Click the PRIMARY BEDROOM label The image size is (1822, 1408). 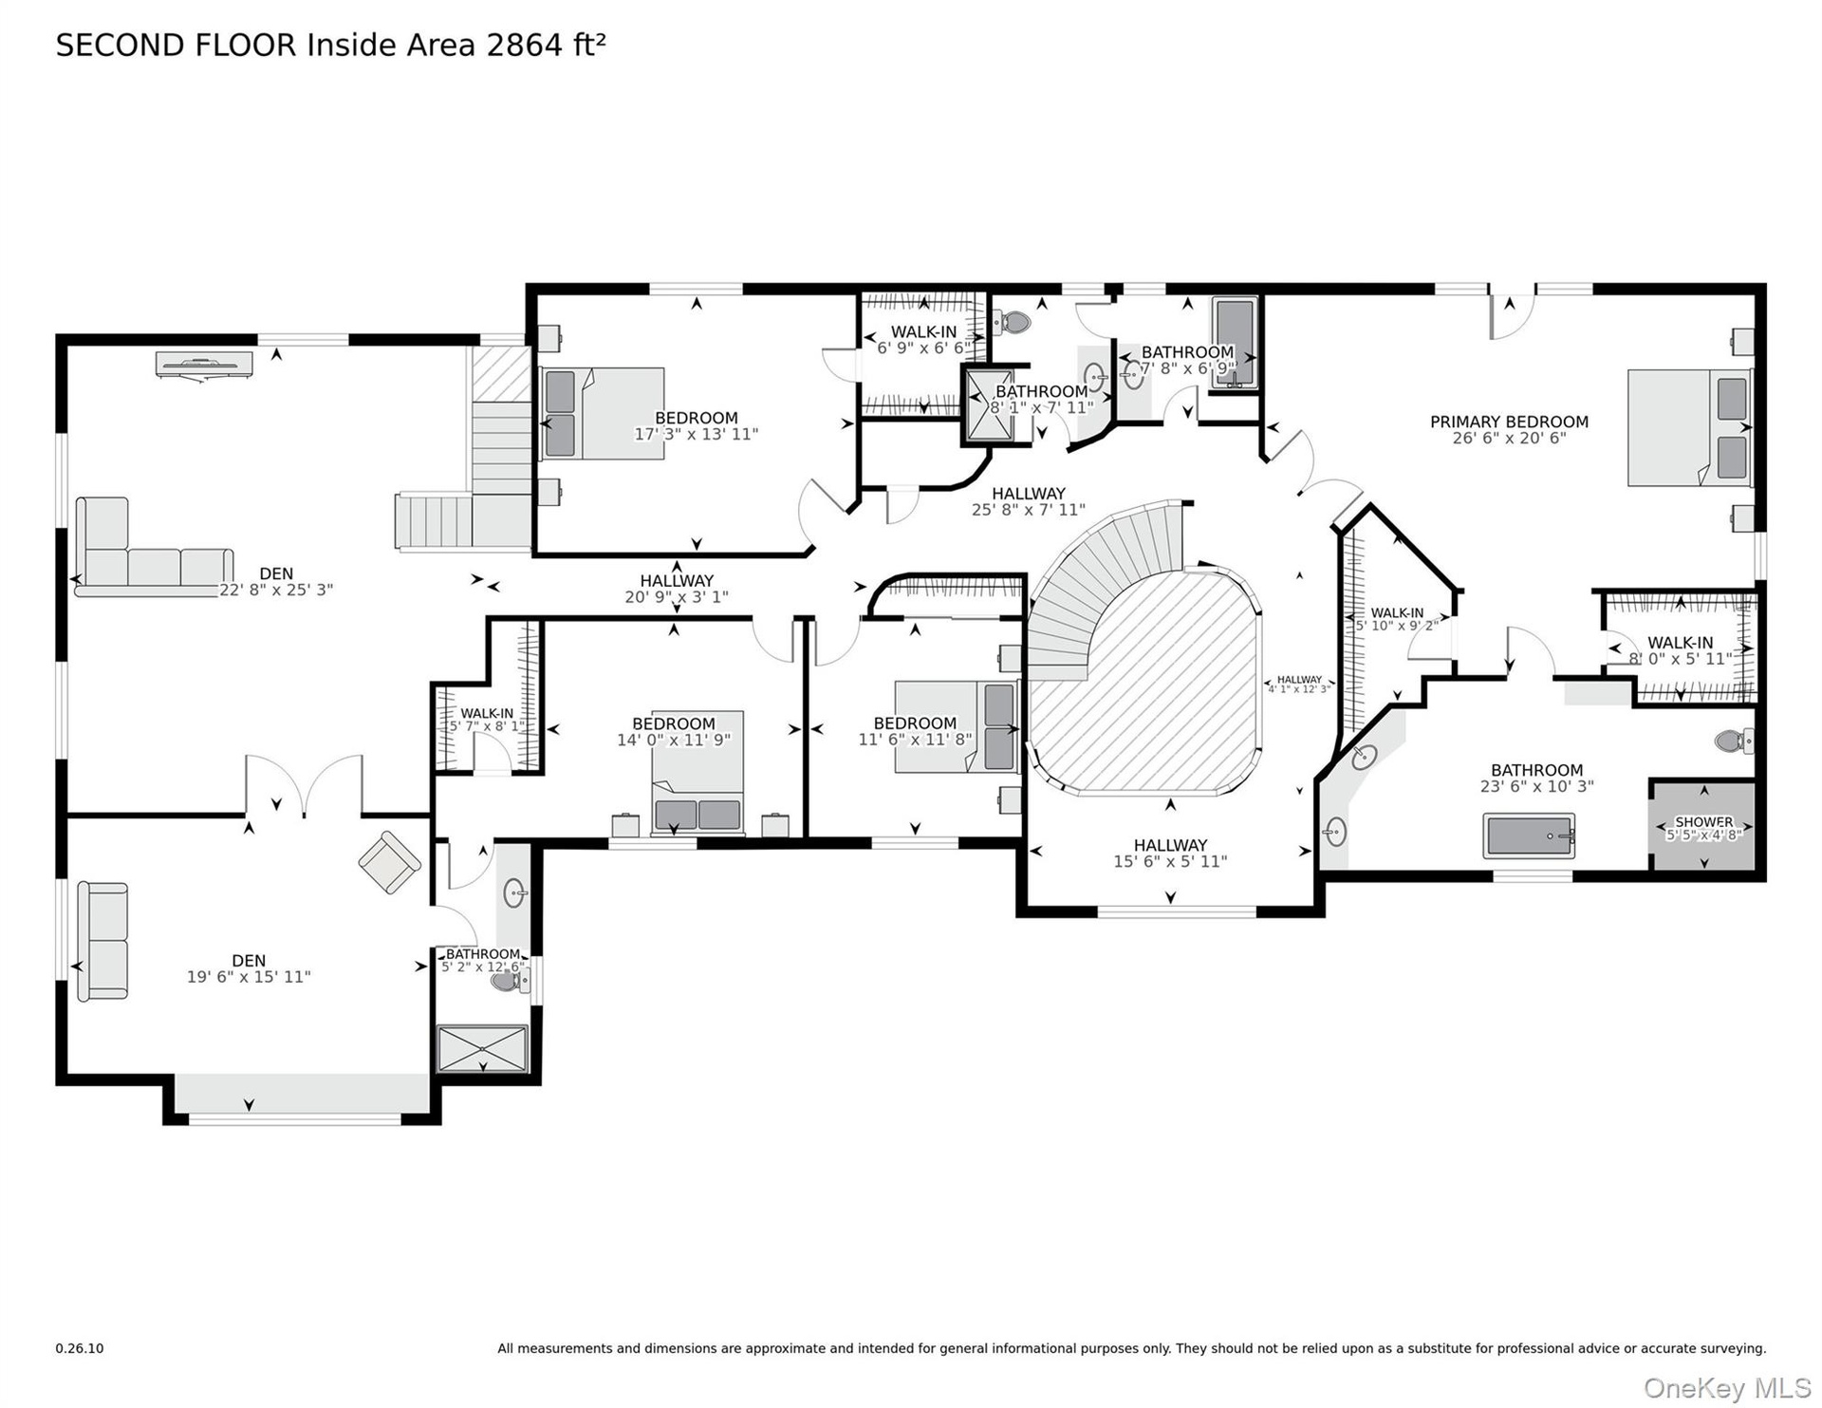(1509, 422)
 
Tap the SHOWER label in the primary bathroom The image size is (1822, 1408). (1704, 822)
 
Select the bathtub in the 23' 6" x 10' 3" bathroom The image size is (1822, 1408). (1529, 836)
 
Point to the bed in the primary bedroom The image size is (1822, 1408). (1689, 428)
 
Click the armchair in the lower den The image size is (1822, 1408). (390, 862)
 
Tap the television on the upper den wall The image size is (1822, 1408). (204, 365)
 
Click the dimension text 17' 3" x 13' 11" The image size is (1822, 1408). (697, 435)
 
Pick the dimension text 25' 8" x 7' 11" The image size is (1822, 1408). (1029, 510)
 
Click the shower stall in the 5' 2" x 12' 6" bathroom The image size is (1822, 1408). (481, 1049)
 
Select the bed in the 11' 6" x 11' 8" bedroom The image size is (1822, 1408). (957, 726)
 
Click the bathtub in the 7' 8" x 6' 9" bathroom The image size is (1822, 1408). (1235, 343)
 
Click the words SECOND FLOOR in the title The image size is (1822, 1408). (177, 46)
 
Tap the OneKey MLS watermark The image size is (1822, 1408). (1727, 1388)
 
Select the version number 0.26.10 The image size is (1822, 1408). (80, 1348)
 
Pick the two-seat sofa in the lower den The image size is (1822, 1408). (102, 941)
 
